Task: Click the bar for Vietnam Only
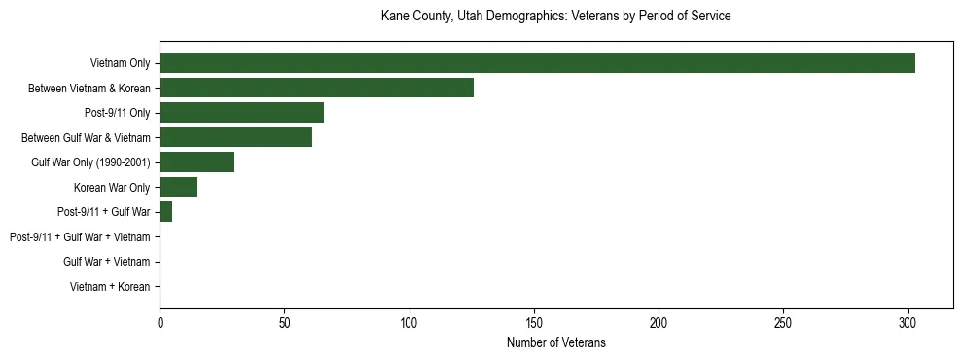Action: click(537, 63)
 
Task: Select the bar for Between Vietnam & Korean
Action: click(316, 89)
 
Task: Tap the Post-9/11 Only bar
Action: click(241, 113)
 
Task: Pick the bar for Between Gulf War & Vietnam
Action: click(235, 138)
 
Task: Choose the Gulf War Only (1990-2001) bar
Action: click(196, 162)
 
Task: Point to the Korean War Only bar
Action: click(178, 188)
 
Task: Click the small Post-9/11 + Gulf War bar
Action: click(166, 212)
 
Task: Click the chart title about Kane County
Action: click(555, 17)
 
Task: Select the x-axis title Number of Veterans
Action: click(555, 342)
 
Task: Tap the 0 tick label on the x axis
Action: click(160, 322)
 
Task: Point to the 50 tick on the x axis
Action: click(284, 322)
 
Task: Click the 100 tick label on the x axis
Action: click(409, 322)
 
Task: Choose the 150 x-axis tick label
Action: click(533, 322)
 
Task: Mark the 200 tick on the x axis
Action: click(659, 322)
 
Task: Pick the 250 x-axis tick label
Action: click(783, 322)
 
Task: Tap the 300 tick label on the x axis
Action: click(908, 322)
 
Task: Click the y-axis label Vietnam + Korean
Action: click(110, 287)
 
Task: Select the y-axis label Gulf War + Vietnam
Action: click(106, 262)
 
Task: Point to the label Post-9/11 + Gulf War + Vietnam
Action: click(80, 237)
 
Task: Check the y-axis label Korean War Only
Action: click(112, 188)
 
